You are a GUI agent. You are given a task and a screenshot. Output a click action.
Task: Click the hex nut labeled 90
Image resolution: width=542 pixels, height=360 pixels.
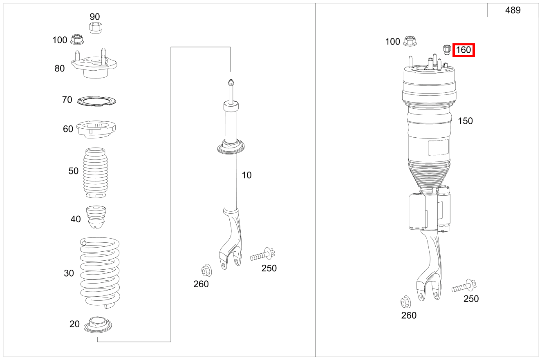(95, 28)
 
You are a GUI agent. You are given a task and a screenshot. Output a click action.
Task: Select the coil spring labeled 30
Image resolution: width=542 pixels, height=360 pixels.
(100, 272)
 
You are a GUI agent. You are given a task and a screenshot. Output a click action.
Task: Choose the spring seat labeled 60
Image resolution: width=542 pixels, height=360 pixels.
(96, 130)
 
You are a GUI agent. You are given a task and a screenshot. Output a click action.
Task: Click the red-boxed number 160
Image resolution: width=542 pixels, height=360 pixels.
(463, 50)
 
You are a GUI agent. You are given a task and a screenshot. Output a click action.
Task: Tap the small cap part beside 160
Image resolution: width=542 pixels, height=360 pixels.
(447, 49)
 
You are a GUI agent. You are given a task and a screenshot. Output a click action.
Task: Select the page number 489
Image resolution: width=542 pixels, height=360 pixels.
(513, 11)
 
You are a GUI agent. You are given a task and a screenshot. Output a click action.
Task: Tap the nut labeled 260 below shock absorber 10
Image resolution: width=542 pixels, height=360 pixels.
(206, 271)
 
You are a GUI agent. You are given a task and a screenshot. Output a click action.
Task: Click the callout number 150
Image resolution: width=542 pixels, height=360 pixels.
(465, 121)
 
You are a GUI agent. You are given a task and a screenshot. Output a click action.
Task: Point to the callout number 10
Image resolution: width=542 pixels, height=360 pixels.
(246, 175)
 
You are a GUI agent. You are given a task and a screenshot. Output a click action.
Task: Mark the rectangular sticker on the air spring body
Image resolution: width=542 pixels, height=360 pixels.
(438, 148)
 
